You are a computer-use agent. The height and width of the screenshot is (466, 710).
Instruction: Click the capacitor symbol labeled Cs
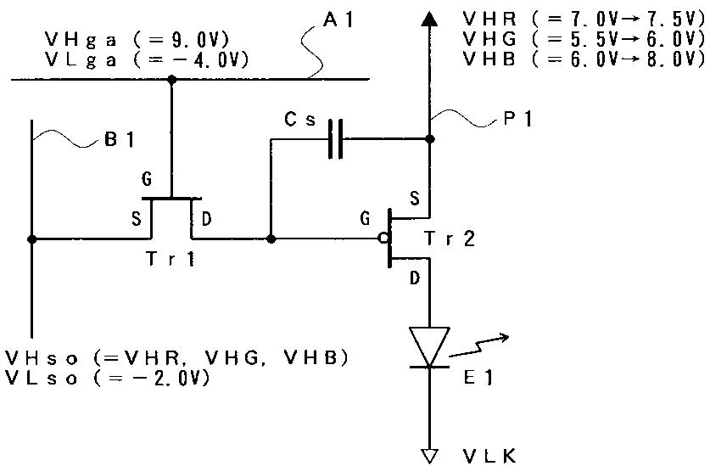[336, 139]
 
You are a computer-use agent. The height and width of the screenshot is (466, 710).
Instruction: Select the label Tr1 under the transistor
[171, 259]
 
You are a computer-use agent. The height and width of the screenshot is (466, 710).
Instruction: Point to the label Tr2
[450, 239]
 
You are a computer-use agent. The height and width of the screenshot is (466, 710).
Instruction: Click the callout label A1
[338, 20]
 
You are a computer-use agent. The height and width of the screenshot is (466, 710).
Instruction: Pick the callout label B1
[120, 139]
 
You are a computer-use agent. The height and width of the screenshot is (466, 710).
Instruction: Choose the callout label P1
[517, 119]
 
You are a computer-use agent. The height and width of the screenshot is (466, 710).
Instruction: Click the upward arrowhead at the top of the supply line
[429, 18]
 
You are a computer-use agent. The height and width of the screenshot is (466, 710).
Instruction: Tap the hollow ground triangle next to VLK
[429, 456]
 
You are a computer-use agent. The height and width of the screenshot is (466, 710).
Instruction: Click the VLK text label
[489, 456]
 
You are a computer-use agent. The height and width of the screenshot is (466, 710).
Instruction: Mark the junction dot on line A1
[171, 80]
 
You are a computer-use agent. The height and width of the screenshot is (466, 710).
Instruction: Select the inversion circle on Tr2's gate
[383, 238]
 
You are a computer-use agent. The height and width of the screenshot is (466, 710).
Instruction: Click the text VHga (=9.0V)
[137, 39]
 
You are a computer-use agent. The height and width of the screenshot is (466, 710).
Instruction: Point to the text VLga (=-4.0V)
[147, 59]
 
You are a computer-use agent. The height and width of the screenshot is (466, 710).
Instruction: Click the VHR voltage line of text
[584, 19]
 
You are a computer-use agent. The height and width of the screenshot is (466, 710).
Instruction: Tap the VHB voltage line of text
[584, 59]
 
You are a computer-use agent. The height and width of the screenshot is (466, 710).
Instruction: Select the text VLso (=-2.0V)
[108, 378]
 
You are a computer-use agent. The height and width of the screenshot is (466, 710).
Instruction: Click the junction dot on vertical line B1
[31, 239]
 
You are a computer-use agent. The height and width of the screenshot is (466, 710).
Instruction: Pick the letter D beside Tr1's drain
[206, 219]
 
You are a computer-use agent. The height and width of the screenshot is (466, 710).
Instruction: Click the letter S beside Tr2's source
[415, 199]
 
